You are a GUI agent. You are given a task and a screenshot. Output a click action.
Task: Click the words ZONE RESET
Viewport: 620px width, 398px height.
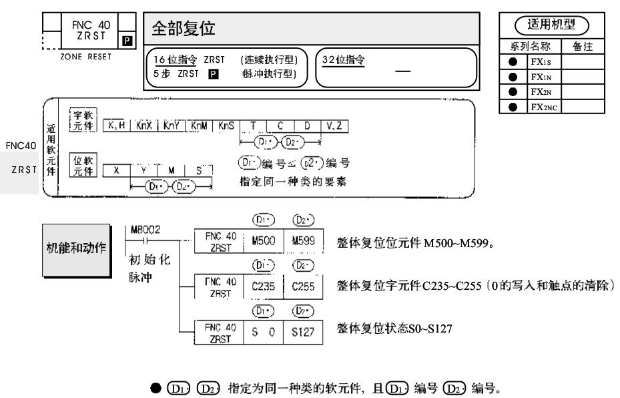tap(85, 56)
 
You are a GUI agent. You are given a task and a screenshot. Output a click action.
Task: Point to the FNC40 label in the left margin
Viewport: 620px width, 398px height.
tap(20, 145)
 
